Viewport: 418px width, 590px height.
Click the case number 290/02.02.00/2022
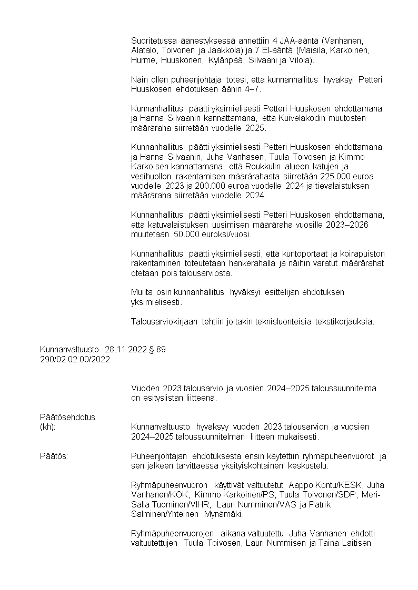[x=75, y=359]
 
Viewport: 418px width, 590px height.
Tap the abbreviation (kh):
[x=47, y=427]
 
